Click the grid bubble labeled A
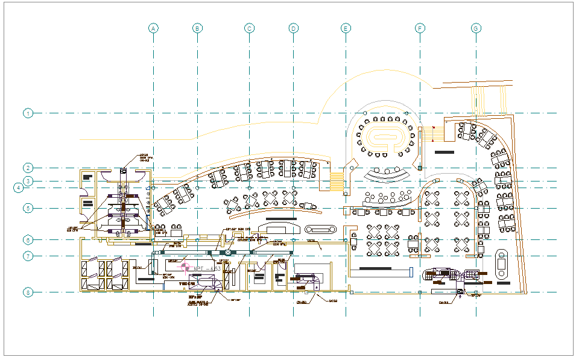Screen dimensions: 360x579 pyautogui.click(x=154, y=28)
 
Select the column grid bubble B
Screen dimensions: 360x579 pyautogui.click(x=197, y=28)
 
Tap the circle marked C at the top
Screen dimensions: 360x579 pyautogui.click(x=249, y=28)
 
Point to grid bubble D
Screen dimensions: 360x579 pyautogui.click(x=293, y=28)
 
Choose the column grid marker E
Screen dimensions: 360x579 pyautogui.click(x=346, y=28)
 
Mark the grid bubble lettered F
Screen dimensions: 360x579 pyautogui.click(x=420, y=28)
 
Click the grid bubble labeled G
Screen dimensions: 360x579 pyautogui.click(x=476, y=28)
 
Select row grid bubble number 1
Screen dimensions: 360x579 pyautogui.click(x=28, y=113)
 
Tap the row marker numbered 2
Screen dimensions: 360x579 pyautogui.click(x=28, y=168)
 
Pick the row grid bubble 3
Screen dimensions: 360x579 pyautogui.click(x=28, y=181)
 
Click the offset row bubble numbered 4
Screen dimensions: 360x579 pyautogui.click(x=19, y=188)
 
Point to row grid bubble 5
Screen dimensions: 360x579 pyautogui.click(x=28, y=208)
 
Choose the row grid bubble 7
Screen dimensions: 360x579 pyautogui.click(x=28, y=256)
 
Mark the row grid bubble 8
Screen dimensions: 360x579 pyautogui.click(x=28, y=292)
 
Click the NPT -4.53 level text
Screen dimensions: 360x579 pyautogui.click(x=206, y=268)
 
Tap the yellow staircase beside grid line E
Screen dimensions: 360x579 pyautogui.click(x=336, y=180)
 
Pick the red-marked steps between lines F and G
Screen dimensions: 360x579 pyautogui.click(x=430, y=133)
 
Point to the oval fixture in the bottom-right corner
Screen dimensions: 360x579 pyautogui.click(x=502, y=264)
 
